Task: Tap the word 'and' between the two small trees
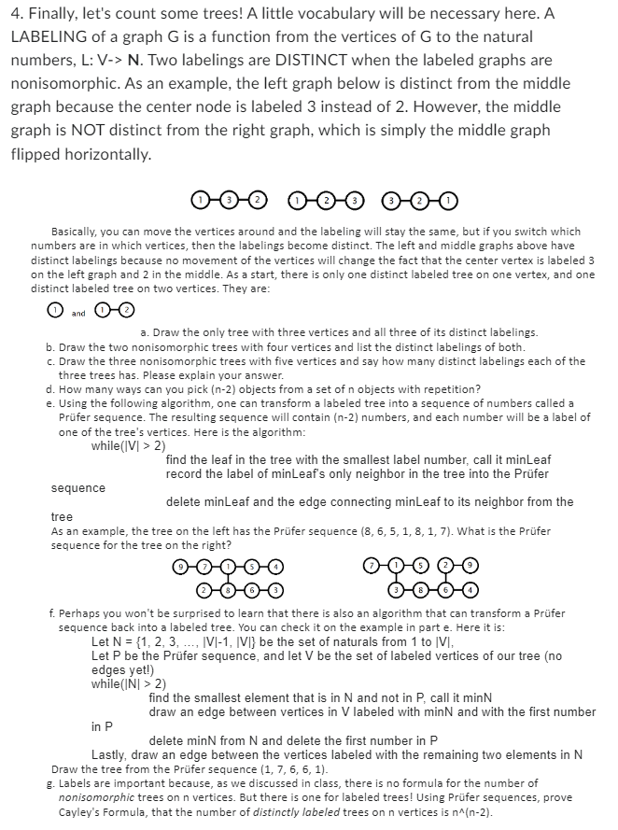pyautogui.click(x=78, y=311)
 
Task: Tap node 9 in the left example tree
pyautogui.click(x=180, y=567)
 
